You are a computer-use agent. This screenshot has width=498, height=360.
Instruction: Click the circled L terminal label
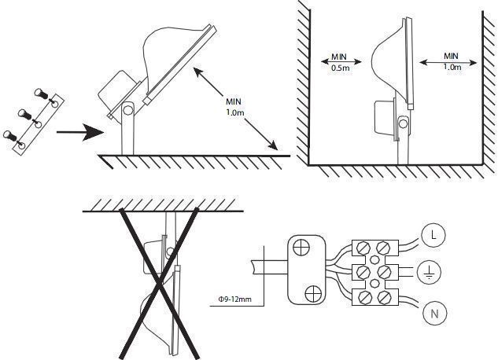click(433, 235)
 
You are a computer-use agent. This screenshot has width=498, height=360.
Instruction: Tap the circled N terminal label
click(435, 314)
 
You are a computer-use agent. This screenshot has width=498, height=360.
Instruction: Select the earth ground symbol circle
click(429, 272)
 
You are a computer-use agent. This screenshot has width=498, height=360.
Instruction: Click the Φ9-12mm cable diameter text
click(235, 299)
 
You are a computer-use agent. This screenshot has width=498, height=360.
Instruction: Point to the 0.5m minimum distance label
click(340, 68)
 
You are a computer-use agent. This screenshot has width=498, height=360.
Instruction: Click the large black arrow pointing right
click(80, 132)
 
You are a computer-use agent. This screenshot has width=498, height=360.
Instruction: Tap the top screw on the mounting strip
click(41, 94)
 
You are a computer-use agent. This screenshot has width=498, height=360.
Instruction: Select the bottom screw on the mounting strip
click(10, 135)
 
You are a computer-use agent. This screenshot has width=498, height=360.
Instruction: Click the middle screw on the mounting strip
click(25, 114)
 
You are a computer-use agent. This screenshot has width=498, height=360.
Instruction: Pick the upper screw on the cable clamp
click(301, 247)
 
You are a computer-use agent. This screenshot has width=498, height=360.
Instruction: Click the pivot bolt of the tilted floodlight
click(128, 110)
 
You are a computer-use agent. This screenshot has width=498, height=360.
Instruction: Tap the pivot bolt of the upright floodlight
click(403, 123)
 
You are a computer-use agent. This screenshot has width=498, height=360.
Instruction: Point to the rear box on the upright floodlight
click(385, 117)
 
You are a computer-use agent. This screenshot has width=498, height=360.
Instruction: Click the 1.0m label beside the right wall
click(452, 67)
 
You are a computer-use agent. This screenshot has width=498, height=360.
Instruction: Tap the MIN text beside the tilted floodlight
click(234, 102)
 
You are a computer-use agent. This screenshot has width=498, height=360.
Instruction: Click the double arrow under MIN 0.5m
click(341, 61)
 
